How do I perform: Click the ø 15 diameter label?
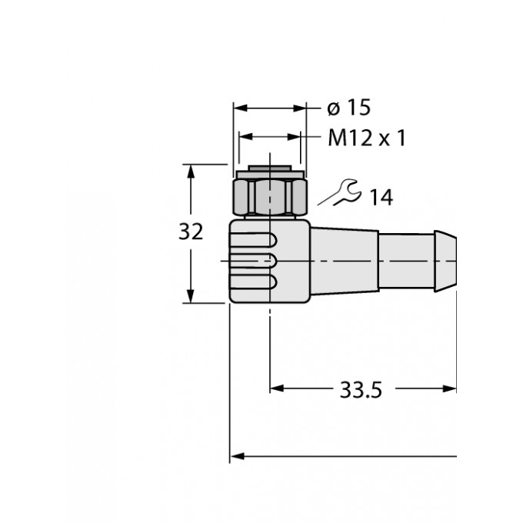pyautogui.click(x=343, y=107)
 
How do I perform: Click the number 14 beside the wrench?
pyautogui.click(x=379, y=198)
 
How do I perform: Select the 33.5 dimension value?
pyautogui.click(x=361, y=391)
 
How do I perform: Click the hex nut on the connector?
pyautogui.click(x=270, y=197)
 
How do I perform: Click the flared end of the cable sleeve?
pyautogui.click(x=445, y=261)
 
